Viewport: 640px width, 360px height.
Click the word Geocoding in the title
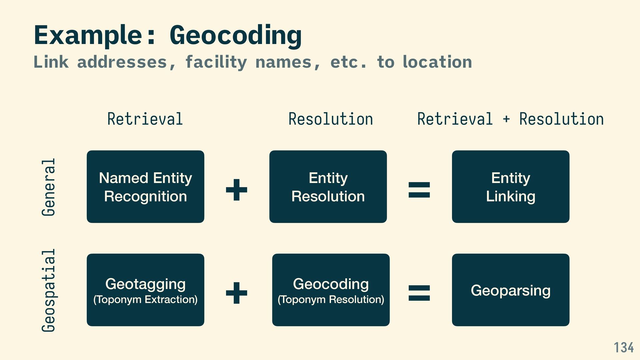[x=236, y=35]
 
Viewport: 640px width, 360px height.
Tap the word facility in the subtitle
[x=216, y=62]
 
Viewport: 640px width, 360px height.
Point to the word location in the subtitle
[x=437, y=62]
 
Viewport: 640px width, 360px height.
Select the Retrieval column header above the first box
[x=145, y=119]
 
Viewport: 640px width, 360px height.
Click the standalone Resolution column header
[x=331, y=119]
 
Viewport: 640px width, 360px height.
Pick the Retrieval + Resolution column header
[x=510, y=119]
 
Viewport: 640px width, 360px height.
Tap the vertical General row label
[x=49, y=187]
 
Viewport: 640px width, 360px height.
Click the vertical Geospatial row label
[x=49, y=290]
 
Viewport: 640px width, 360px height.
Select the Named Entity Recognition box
[x=145, y=187]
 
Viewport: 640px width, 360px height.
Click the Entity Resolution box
[x=328, y=187]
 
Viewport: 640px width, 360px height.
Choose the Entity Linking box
[x=511, y=187]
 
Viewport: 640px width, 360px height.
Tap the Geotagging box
[x=145, y=290]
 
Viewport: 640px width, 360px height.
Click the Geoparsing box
[x=511, y=290]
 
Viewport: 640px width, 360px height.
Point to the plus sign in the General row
[x=237, y=190]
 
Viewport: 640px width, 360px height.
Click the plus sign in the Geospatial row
[x=237, y=293]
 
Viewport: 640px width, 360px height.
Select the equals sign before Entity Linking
[x=419, y=190]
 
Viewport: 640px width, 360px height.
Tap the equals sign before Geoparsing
[x=419, y=293]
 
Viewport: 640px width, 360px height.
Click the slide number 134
[x=624, y=348]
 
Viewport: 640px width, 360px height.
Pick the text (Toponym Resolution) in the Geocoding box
[x=331, y=299]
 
